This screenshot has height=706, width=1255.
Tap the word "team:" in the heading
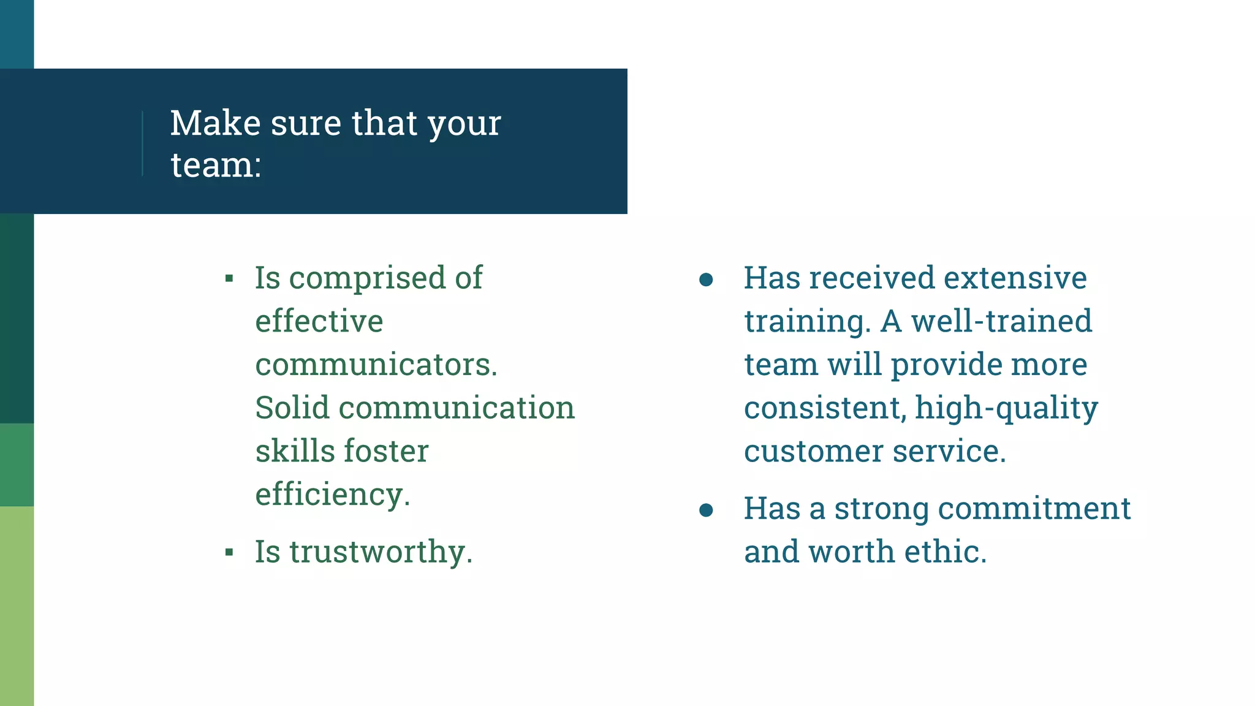pyautogui.click(x=216, y=165)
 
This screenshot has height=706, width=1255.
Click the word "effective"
pyautogui.click(x=319, y=321)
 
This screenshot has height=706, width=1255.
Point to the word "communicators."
pyautogui.click(x=376, y=365)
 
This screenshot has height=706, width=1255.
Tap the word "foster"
pyautogui.click(x=386, y=451)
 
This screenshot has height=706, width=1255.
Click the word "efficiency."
pyautogui.click(x=333, y=495)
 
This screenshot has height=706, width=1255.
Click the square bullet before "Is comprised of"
pyautogui.click(x=229, y=279)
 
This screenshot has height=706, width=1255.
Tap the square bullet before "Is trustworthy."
pyautogui.click(x=229, y=553)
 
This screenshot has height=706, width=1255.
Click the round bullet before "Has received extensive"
pyautogui.click(x=706, y=280)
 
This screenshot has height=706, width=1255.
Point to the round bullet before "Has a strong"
pyautogui.click(x=706, y=510)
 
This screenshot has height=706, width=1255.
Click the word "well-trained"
pyautogui.click(x=1001, y=321)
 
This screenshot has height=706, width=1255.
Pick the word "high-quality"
pyautogui.click(x=1006, y=409)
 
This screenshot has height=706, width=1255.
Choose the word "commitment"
pyautogui.click(x=1034, y=508)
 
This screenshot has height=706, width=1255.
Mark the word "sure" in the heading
pyautogui.click(x=305, y=123)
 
